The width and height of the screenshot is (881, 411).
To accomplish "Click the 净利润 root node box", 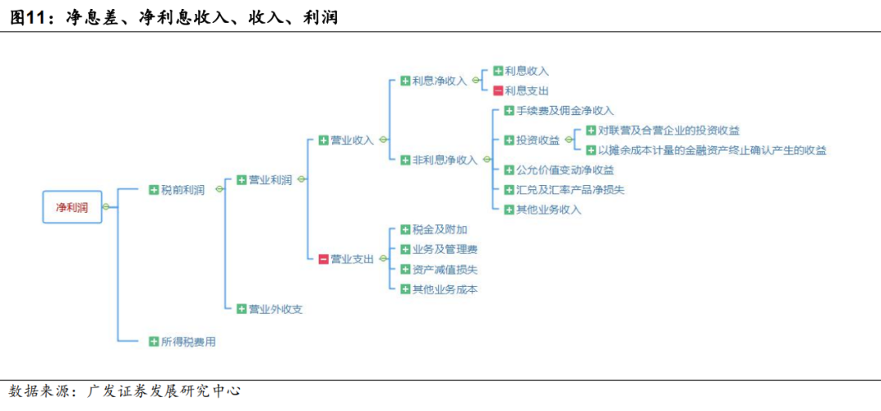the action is coord(73,207).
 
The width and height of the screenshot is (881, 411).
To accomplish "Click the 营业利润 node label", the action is coord(270,179).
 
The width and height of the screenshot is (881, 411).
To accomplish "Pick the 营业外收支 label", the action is coord(276,309).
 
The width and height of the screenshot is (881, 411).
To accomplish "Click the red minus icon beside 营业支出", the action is coord(323,259).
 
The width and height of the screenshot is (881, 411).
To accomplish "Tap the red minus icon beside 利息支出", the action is coord(498,91).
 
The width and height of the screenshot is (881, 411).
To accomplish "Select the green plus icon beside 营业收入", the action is coord(323,140).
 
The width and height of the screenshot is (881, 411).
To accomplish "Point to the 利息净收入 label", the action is coord(439,81).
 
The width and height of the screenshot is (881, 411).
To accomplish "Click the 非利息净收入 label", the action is coord(445,160).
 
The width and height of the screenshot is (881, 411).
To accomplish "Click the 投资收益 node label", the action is coord(538,140).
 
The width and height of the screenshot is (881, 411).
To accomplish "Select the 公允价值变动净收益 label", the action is coord(564,170).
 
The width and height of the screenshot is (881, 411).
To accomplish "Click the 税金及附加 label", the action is coord(440,230).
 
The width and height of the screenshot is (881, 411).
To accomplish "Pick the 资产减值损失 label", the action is coord(445,269).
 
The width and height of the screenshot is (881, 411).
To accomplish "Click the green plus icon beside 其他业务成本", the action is coord(405,289).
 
